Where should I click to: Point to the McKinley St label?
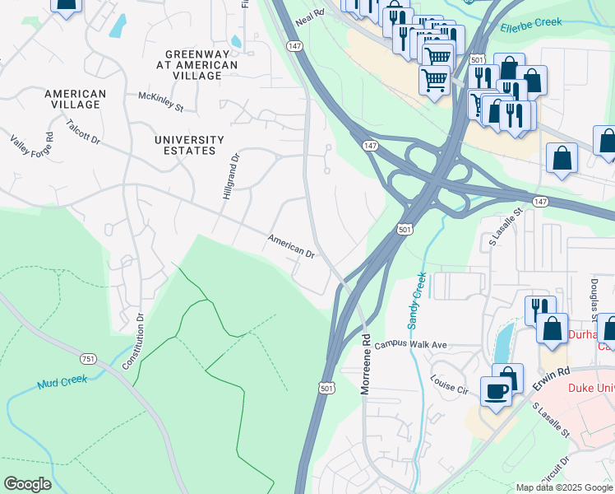pos(160,101)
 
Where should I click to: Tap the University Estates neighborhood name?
pos(189,145)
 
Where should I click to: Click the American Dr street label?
pos(291,246)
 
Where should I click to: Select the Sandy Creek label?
pos(417,299)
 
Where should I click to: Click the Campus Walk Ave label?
pos(410,344)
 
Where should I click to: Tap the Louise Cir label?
pos(448,384)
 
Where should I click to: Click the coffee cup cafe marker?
pos(496,392)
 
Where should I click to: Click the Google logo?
pos(27,483)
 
